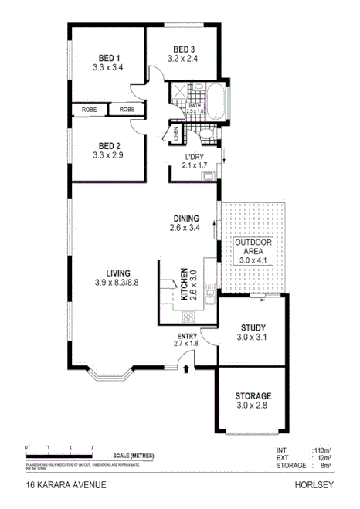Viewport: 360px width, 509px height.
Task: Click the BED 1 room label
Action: (108, 58)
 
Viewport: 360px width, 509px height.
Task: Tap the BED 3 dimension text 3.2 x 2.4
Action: (185, 57)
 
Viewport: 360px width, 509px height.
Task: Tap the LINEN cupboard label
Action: (176, 135)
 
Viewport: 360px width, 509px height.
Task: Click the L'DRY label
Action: (194, 155)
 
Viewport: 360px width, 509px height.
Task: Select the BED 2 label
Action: (108, 145)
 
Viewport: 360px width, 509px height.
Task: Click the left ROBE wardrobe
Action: (89, 110)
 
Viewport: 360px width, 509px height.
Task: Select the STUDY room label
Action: (253, 327)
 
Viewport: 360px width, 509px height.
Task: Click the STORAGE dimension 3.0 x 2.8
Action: (253, 406)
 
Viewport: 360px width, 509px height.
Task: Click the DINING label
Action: (185, 218)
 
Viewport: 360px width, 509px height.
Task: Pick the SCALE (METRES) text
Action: (133, 456)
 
